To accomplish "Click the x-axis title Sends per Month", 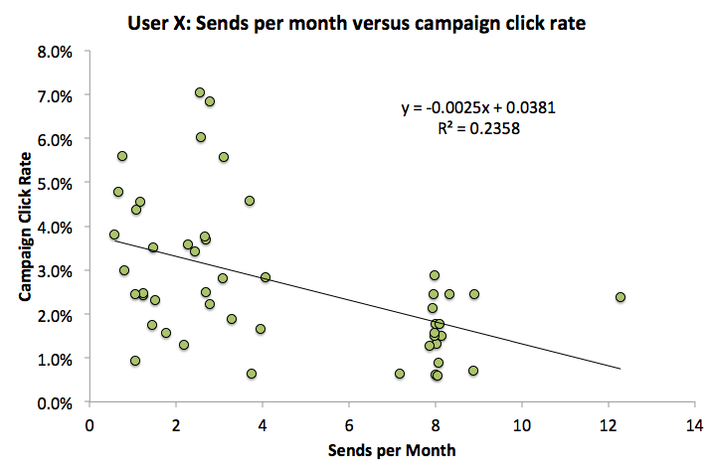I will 391,450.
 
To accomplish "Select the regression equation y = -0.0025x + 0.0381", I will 472,107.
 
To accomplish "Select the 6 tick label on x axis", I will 348,423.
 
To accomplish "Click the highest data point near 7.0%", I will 200,92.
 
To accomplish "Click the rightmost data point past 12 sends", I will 621,297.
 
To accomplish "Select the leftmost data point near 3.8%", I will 114,235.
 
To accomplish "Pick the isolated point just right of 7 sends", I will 400,374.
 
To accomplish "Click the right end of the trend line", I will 621,369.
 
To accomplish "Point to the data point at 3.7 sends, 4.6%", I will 250,201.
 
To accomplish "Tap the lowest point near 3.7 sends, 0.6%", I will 252,374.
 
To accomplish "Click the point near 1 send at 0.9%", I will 135,361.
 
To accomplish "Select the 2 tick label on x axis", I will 176,423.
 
